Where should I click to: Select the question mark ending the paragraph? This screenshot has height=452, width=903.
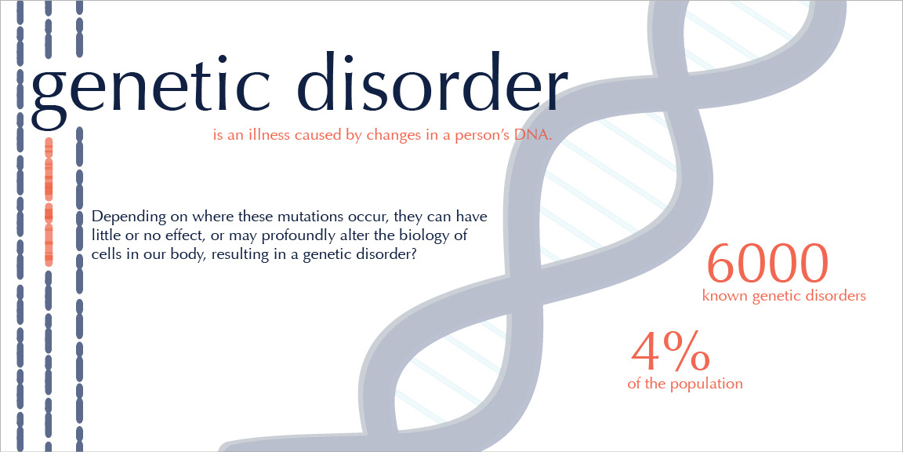pos(412,253)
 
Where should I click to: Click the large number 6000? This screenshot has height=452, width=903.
pos(767,263)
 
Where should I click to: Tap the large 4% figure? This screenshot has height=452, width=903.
pos(670,351)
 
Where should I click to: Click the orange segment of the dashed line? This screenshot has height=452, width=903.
pos(49,202)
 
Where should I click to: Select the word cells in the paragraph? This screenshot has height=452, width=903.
pos(106,254)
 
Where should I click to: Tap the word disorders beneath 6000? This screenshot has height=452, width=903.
pos(838,296)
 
